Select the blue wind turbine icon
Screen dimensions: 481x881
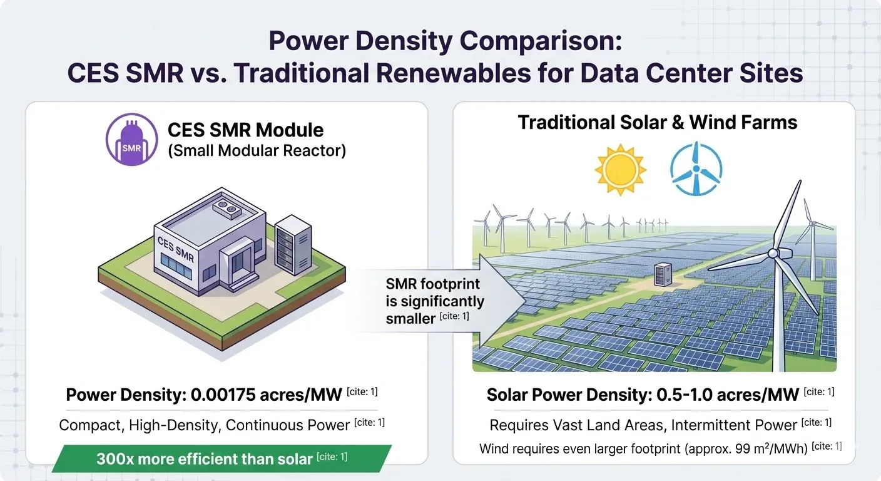click(x=696, y=168)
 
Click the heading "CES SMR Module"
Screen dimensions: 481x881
click(x=245, y=130)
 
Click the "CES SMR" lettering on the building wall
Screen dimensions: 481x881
click(x=176, y=249)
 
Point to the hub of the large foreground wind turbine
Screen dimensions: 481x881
click(x=773, y=252)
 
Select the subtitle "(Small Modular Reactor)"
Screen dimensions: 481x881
click(x=257, y=151)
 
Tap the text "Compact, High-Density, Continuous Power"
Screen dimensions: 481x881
click(x=204, y=425)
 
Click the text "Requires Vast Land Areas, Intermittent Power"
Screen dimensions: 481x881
click(x=643, y=425)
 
